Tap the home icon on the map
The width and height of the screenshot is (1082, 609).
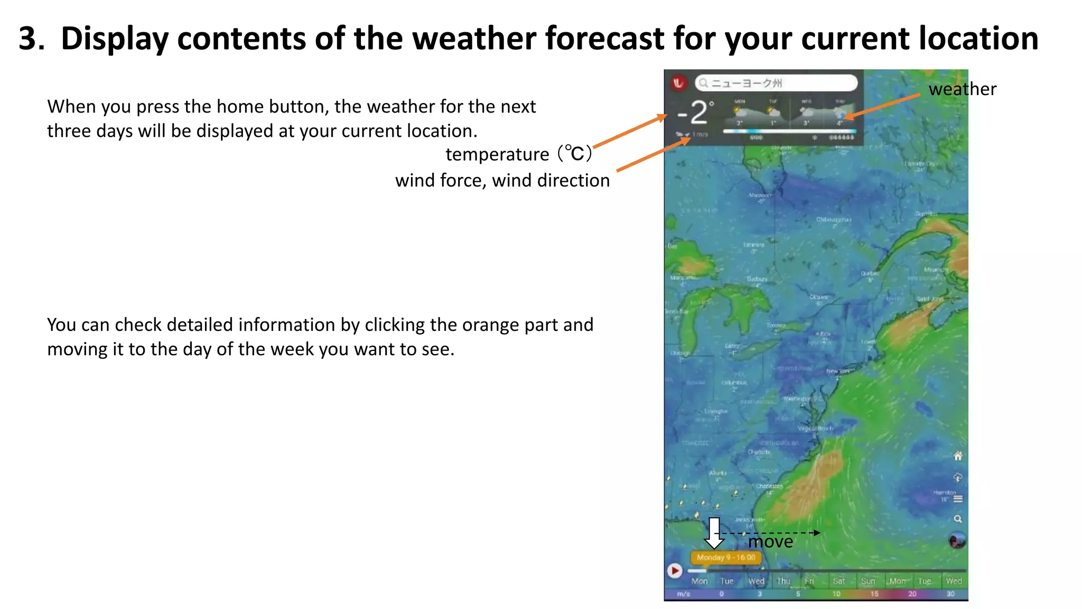coord(958,456)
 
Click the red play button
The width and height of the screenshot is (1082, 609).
coord(675,570)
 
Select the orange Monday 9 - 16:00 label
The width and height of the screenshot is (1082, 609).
coord(726,557)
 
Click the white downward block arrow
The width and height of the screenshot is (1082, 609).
coord(714,533)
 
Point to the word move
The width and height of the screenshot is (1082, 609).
coord(770,542)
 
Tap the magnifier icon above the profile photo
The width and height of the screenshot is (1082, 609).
coord(958,519)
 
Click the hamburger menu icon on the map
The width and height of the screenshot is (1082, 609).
coord(958,499)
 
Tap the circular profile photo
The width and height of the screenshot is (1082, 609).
coord(957,541)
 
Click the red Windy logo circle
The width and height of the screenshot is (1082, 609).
coord(678,83)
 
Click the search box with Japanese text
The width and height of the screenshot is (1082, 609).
coord(776,83)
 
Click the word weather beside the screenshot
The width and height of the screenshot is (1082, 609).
coord(962,89)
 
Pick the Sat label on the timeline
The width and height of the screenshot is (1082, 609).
coord(838,581)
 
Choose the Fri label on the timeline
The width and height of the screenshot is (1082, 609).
coord(809,581)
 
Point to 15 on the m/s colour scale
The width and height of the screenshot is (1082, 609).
coord(874,594)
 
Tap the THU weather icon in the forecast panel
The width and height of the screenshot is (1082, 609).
coord(839,112)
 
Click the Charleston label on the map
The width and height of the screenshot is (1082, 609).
coord(769,486)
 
